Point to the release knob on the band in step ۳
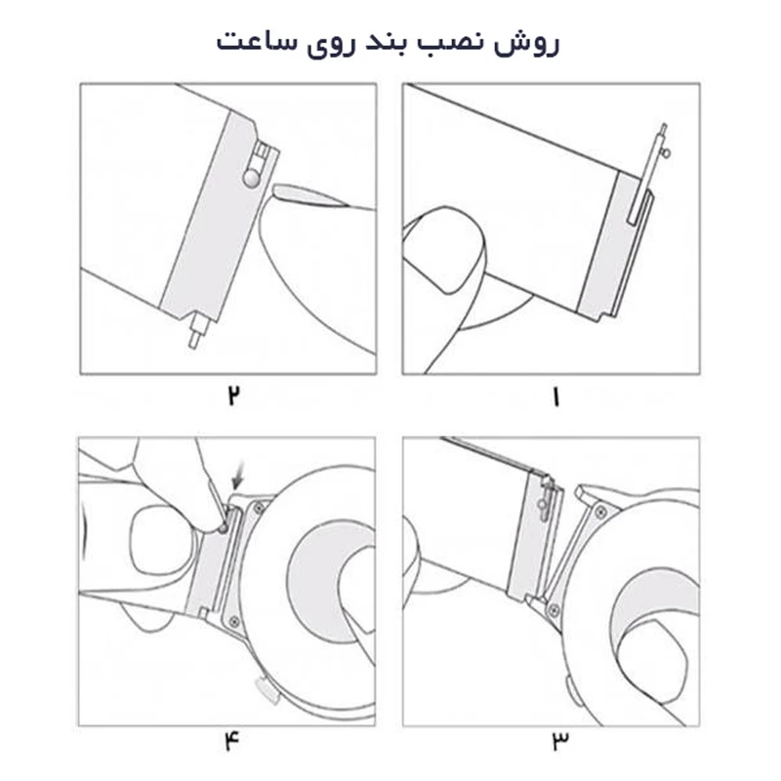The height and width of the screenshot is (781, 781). (542, 503)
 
